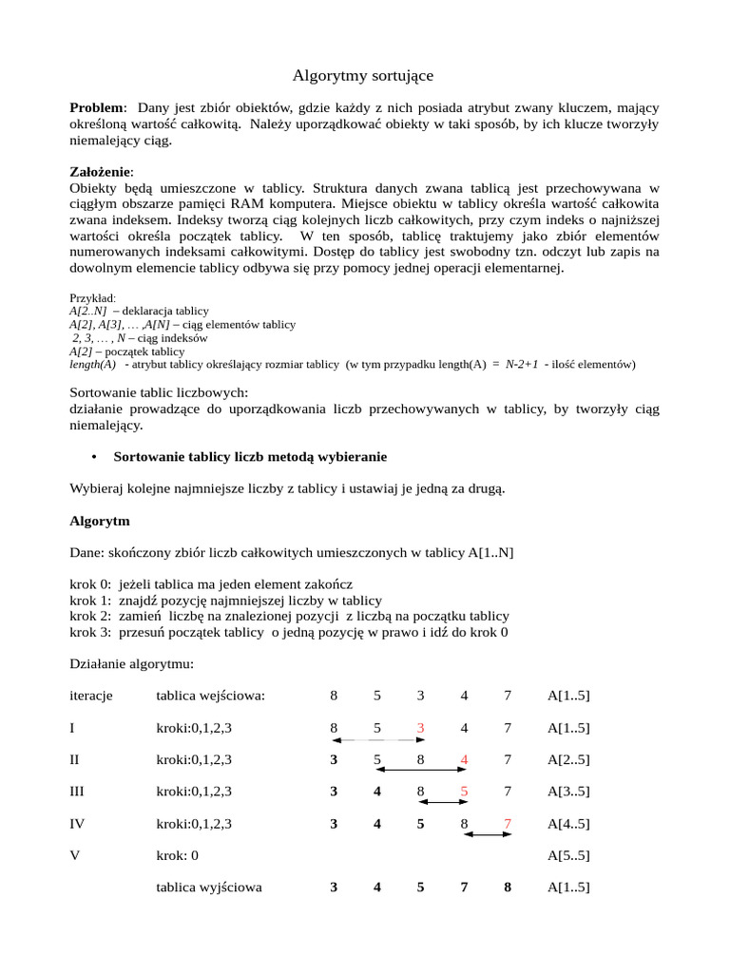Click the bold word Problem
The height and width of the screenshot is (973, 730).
(x=97, y=107)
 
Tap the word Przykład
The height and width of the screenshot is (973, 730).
(x=93, y=297)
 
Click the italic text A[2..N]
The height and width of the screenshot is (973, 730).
(x=88, y=311)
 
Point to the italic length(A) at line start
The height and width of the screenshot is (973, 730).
(x=93, y=364)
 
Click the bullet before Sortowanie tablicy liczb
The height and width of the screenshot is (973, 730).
(x=95, y=457)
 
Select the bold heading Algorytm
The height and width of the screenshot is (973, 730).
(x=100, y=522)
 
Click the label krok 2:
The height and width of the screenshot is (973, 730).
(x=90, y=616)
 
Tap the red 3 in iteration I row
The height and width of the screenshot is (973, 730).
(x=420, y=728)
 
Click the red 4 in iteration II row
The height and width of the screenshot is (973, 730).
(x=464, y=759)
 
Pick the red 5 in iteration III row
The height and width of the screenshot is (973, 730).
(x=464, y=791)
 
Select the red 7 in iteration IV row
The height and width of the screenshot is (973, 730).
(x=508, y=823)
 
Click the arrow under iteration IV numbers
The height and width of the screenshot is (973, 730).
(x=488, y=834)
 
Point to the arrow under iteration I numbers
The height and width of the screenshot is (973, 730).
(x=377, y=739)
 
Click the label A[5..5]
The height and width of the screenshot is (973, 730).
(x=568, y=855)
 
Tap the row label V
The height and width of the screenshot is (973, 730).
(x=75, y=855)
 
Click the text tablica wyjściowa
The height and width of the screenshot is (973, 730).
(x=209, y=887)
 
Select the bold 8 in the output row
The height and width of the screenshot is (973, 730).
(x=508, y=887)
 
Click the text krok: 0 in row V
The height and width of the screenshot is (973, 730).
(x=178, y=855)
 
